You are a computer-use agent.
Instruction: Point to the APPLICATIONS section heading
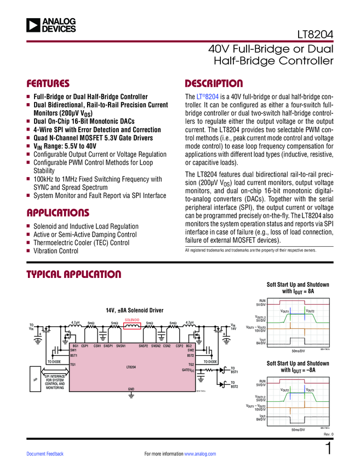58,213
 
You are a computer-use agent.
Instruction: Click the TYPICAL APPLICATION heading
73,274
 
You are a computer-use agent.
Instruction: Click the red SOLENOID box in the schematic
133,326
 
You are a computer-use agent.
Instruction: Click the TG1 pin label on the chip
73,365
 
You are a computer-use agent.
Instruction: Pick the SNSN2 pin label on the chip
156,346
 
